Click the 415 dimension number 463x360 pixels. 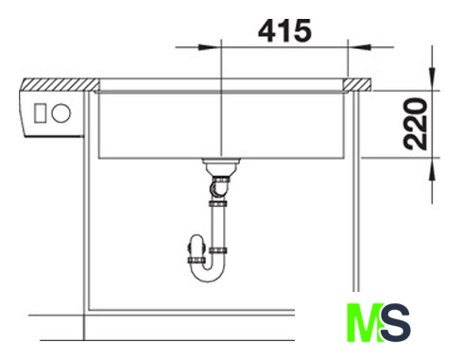(x=284, y=31)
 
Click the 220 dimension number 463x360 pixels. (x=416, y=124)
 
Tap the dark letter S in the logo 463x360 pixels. (x=395, y=322)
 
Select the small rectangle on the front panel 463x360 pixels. (x=40, y=113)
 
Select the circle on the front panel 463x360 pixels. (x=61, y=113)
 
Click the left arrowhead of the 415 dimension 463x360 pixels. (x=210, y=47)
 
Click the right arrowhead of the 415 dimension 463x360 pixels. (x=360, y=47)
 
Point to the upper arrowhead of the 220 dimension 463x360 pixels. (x=432, y=78)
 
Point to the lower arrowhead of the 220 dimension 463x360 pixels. (x=432, y=169)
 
